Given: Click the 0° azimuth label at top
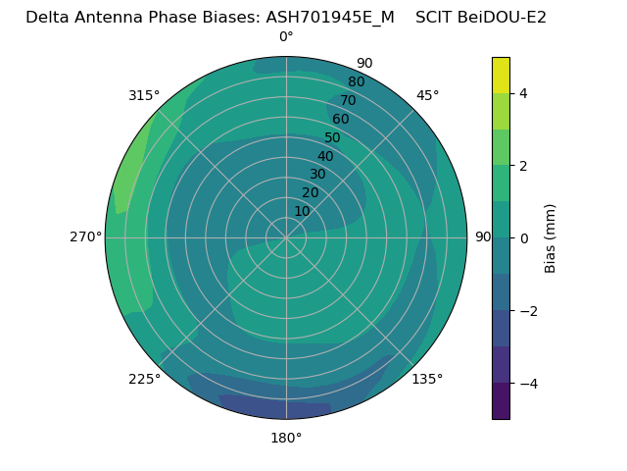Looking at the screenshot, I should (286, 37).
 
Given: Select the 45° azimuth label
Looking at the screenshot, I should (427, 95).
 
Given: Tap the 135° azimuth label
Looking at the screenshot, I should (427, 379).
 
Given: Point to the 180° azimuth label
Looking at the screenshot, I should (286, 438).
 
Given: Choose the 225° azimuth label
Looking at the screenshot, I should (144, 379).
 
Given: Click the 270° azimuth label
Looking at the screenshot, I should (85, 236).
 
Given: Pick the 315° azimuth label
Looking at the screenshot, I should (144, 95).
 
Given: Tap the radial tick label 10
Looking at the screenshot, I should (302, 211).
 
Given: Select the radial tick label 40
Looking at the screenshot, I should (325, 156).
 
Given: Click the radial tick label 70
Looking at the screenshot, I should (348, 100).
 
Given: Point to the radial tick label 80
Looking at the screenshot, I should (356, 81).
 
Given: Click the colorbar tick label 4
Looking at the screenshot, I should (523, 93).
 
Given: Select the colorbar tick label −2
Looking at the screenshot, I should (526, 310).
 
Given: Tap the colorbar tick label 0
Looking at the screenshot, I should (523, 237).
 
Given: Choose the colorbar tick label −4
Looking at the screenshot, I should (526, 383).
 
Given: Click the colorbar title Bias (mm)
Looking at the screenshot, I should (551, 237).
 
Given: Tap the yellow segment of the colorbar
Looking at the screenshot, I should (501, 75).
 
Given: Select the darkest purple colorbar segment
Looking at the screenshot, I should (501, 400).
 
